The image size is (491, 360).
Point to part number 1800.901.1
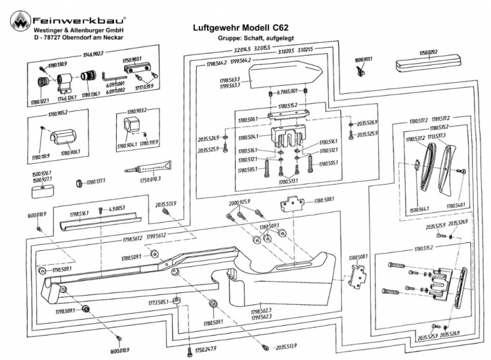pos(364,59)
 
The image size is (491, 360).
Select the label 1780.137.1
pos(97,182)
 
